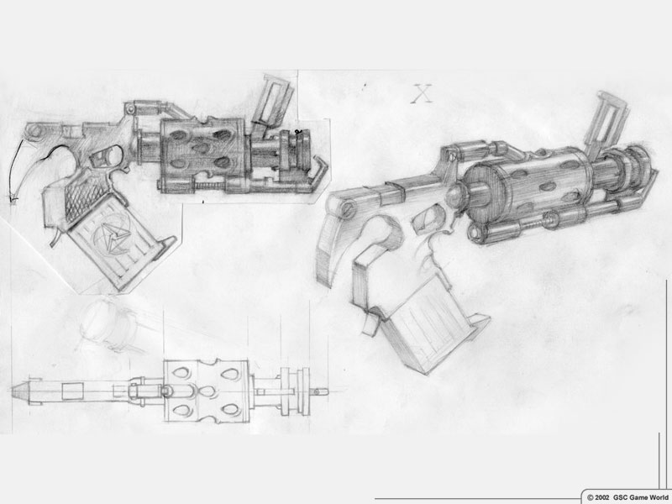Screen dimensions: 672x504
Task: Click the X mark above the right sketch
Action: pos(423,94)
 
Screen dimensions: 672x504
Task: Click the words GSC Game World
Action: pos(640,497)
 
